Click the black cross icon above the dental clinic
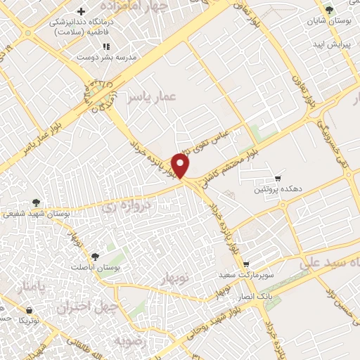pos(83,12)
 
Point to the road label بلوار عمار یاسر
pos(28,140)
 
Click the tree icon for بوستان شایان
pos(329,9)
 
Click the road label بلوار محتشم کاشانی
pos(229,161)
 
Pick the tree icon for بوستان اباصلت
pos(95,257)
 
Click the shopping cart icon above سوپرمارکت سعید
pos(246,264)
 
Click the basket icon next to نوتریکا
pos(27,309)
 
